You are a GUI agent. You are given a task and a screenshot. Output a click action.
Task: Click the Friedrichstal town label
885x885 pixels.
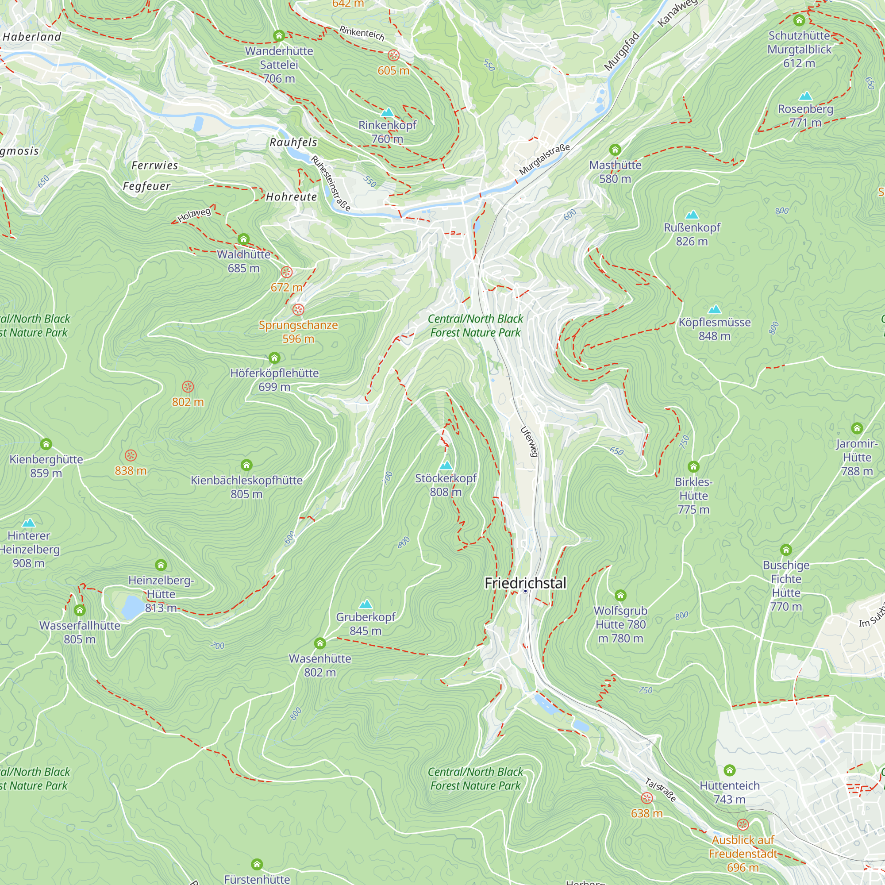(x=525, y=583)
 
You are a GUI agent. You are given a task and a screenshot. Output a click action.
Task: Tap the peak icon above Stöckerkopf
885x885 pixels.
(x=446, y=466)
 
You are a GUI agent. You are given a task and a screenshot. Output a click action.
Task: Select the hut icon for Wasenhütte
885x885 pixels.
(x=320, y=643)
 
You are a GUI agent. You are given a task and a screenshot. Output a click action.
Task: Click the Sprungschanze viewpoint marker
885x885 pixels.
(x=298, y=310)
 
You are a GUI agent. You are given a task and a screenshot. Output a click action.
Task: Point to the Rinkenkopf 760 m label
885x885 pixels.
(x=388, y=131)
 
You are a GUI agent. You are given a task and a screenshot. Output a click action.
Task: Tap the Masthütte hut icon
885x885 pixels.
(x=615, y=150)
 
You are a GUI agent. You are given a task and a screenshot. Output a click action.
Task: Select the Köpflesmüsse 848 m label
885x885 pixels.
(x=715, y=329)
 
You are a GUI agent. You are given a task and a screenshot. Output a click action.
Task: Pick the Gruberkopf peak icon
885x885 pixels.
(x=366, y=604)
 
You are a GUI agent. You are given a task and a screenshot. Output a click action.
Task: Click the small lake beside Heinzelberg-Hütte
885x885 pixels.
(x=133, y=607)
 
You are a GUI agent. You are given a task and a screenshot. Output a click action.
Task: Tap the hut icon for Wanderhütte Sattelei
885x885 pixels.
(x=279, y=36)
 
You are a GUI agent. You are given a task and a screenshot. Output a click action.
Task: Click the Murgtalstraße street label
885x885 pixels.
(x=545, y=159)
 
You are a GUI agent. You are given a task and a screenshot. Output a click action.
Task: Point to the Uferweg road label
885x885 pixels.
(x=530, y=442)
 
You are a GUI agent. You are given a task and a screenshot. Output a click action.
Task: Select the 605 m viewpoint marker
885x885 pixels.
(x=393, y=56)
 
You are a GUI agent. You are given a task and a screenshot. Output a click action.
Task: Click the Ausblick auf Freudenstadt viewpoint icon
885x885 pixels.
(x=743, y=824)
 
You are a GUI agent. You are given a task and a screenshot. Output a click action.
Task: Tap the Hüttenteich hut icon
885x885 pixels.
(x=730, y=770)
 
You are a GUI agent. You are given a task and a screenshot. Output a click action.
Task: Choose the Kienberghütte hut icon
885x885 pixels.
(x=46, y=444)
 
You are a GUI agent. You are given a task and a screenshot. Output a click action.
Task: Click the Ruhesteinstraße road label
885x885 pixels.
(x=331, y=183)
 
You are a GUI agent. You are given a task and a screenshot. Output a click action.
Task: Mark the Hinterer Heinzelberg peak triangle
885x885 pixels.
(x=28, y=523)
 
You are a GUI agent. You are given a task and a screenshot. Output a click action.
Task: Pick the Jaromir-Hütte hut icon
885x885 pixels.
(x=857, y=428)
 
